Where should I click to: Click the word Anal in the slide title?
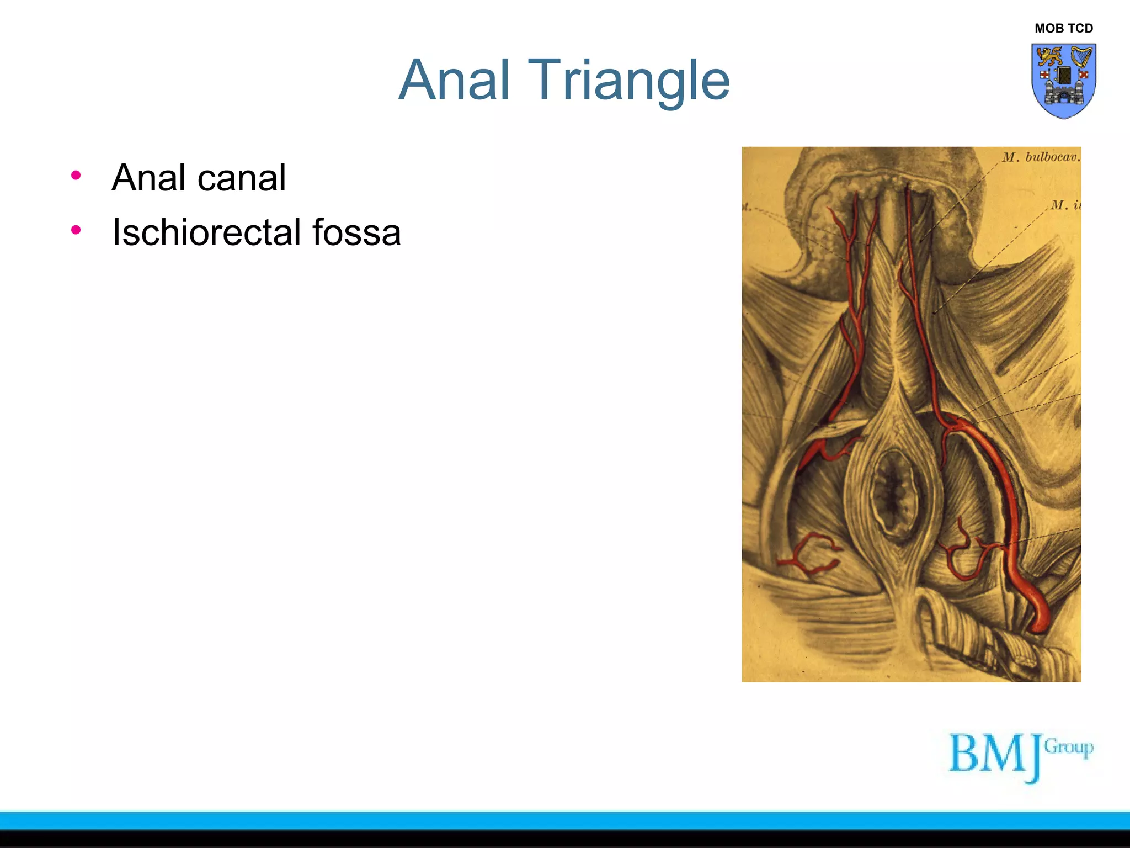click(x=454, y=81)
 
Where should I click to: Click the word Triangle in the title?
click(x=629, y=82)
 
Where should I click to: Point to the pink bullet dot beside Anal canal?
click(x=76, y=176)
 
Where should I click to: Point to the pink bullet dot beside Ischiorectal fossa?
click(x=76, y=230)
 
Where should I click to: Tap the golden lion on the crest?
click(x=1049, y=56)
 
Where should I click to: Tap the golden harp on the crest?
click(x=1081, y=56)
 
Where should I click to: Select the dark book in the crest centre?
click(x=1064, y=75)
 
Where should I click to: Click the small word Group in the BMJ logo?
click(x=1069, y=748)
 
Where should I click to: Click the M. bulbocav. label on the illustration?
click(x=1041, y=157)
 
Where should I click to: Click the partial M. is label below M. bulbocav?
click(x=1065, y=205)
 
